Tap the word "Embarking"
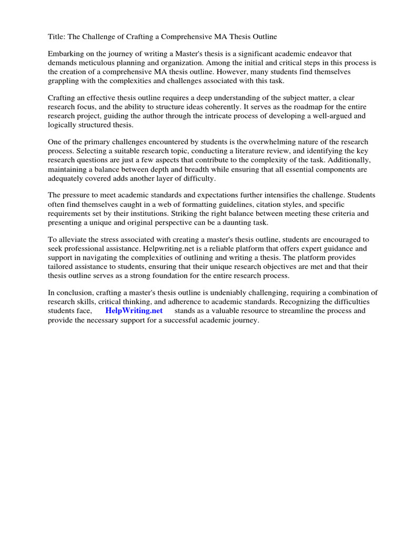pyautogui.click(x=66, y=54)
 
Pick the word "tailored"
pyautogui.click(x=63, y=266)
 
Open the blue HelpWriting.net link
pyautogui.click(x=134, y=311)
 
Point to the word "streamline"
pyautogui.click(x=288, y=311)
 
